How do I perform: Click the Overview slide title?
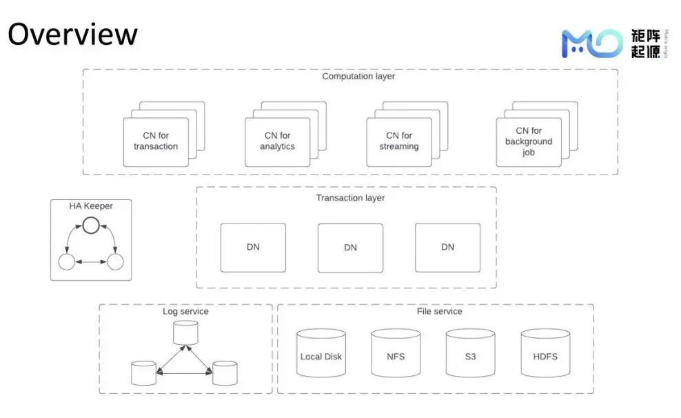(72, 34)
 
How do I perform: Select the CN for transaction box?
(156, 141)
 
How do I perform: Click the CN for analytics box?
(277, 141)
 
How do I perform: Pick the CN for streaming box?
(398, 141)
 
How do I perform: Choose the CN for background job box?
(529, 141)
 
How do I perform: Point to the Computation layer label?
(358, 77)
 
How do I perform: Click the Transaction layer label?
(350, 198)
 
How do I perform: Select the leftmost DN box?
(253, 247)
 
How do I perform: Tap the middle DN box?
(350, 248)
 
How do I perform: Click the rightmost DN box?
(447, 247)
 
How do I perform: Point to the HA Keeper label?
(90, 206)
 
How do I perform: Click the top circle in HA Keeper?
(91, 224)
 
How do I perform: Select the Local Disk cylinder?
(321, 352)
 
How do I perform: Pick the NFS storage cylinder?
(396, 352)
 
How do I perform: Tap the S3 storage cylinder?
(470, 352)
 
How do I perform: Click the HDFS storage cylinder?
(545, 352)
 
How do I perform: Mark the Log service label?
(185, 312)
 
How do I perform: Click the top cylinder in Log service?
(185, 333)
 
